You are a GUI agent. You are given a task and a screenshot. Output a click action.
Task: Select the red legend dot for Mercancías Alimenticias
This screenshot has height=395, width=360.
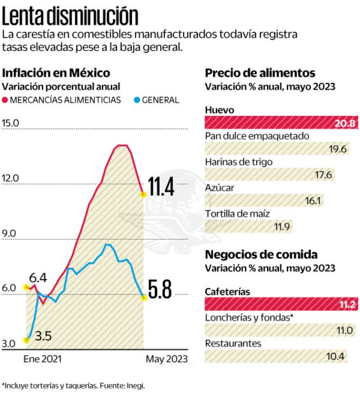[5, 100]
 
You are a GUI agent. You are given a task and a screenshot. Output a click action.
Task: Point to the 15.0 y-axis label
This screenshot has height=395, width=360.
[11, 123]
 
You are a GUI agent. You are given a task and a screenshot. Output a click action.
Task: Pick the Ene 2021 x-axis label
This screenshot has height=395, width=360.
[43, 359]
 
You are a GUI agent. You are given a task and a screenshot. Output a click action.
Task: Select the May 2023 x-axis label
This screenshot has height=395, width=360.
[167, 359]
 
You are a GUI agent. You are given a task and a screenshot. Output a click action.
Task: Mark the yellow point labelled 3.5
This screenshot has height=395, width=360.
[26, 340]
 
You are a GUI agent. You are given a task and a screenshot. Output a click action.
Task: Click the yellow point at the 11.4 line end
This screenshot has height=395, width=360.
[144, 194]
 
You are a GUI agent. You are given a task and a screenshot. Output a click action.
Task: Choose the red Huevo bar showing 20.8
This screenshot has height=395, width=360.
[276, 123]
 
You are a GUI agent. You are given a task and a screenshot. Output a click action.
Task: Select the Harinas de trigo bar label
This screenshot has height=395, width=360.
[239, 162]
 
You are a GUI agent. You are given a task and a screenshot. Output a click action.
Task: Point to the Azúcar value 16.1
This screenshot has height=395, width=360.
[313, 201]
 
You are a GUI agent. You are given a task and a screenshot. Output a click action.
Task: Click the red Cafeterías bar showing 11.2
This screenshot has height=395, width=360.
[276, 304]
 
